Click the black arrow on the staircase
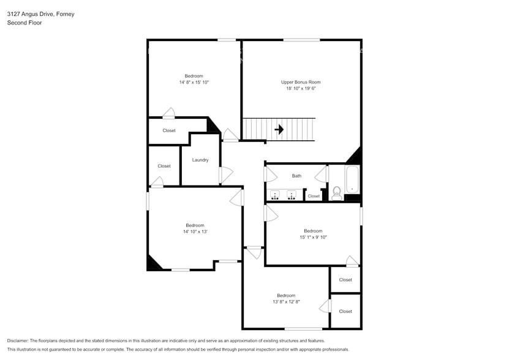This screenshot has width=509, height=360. [279, 130]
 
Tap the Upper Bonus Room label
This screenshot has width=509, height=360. [300, 82]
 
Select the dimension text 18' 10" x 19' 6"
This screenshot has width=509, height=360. [300, 88]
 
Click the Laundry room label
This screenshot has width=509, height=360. [200, 160]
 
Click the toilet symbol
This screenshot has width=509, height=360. [336, 193]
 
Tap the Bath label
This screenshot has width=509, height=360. [296, 176]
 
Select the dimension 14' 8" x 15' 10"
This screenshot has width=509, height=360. [194, 82]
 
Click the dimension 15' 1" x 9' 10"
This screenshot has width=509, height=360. [313, 238]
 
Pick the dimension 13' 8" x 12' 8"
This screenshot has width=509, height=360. [286, 302]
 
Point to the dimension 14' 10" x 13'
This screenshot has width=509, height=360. [195, 231]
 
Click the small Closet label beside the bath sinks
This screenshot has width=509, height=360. [314, 197]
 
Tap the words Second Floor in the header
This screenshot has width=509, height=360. [23, 23]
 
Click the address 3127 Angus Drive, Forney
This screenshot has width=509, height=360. [40, 13]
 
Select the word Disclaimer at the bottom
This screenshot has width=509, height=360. [18, 340]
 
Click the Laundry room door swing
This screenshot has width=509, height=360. [226, 174]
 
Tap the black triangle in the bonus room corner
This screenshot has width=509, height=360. [355, 156]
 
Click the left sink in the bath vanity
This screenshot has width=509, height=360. [276, 195]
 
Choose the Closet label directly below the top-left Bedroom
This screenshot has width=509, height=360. [169, 130]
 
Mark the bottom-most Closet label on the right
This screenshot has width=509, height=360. [345, 311]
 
